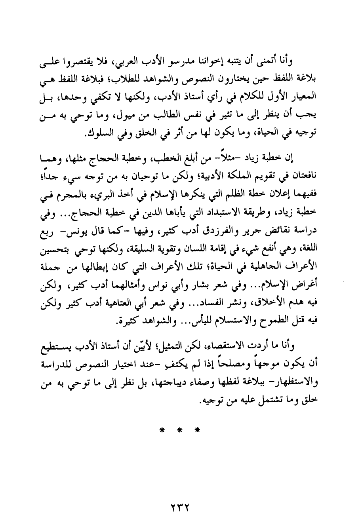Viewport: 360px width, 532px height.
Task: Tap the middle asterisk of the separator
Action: click(180, 429)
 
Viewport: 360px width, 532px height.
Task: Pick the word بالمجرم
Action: click(73, 194)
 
